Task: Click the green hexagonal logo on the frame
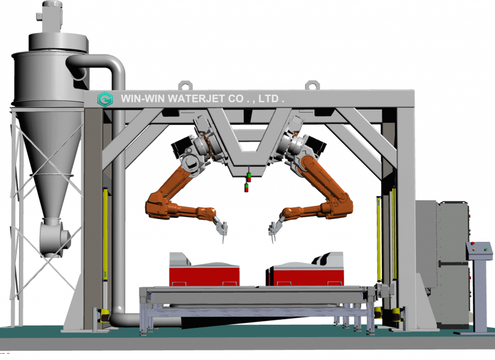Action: [x=105, y=99]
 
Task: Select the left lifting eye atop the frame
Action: [x=185, y=85]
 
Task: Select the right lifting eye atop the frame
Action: [x=312, y=85]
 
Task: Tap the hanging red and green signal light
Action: [x=247, y=182]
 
